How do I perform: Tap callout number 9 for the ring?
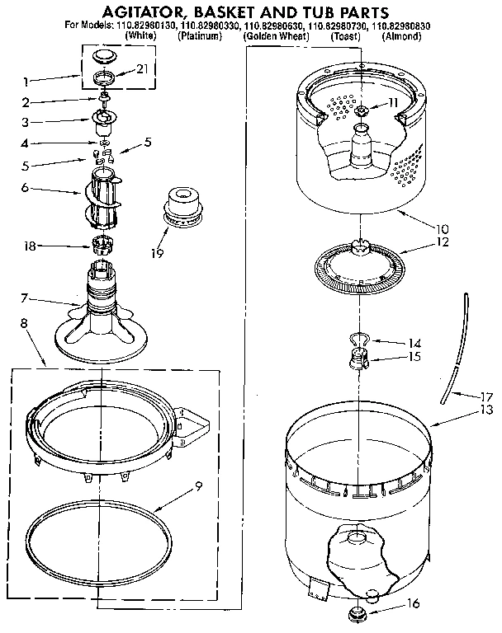[x=197, y=485]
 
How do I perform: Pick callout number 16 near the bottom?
[x=414, y=604]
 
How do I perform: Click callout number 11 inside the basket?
[x=394, y=104]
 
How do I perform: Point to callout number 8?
[x=24, y=325]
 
